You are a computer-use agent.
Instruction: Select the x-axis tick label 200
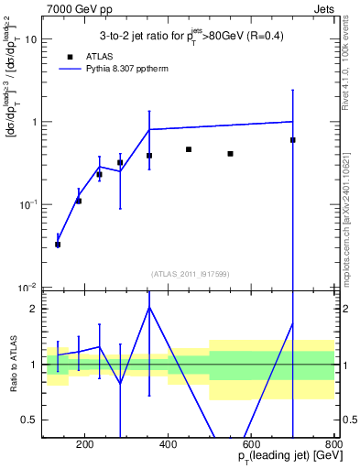tap(84, 446)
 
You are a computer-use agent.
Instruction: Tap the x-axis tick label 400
tap(168, 446)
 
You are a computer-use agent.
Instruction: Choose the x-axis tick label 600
tap(251, 446)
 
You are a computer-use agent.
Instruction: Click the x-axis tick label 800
tap(333, 446)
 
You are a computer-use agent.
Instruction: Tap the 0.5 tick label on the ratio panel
tap(29, 420)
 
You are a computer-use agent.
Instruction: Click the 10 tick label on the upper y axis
tap(30, 39)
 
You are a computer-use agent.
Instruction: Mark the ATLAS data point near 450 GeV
tap(189, 149)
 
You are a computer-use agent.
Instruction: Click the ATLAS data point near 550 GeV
tap(230, 154)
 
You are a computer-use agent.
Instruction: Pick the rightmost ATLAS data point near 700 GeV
tap(292, 140)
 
